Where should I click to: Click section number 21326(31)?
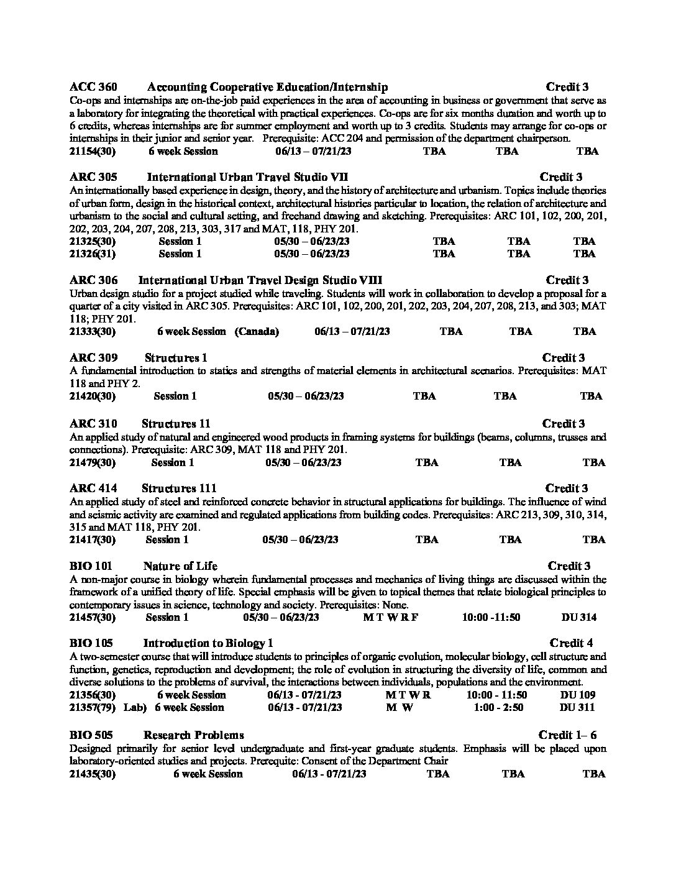tap(93, 254)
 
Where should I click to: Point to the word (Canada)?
tap(257, 331)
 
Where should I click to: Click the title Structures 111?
tap(179, 488)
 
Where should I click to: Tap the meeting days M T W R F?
tap(390, 617)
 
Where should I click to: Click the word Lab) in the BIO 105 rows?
tap(135, 707)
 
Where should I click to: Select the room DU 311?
tap(577, 707)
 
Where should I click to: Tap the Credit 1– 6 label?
tap(567, 735)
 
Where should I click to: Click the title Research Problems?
tap(193, 735)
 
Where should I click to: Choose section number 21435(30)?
tap(93, 774)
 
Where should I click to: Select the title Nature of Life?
tap(180, 566)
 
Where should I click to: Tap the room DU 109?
tap(577, 695)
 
